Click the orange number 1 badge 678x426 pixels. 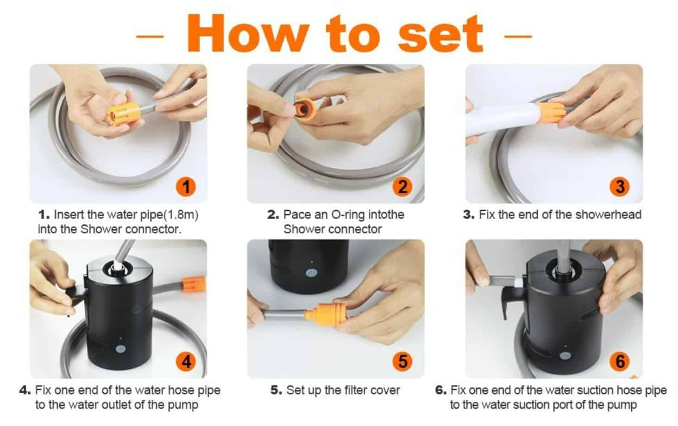click(186, 186)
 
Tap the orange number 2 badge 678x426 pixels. click(402, 186)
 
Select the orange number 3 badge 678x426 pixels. click(620, 186)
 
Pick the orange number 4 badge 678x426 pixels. click(186, 362)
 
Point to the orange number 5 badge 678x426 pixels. click(402, 362)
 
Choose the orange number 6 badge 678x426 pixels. click(620, 362)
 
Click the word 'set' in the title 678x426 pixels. click(440, 34)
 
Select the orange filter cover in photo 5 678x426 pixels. click(326, 315)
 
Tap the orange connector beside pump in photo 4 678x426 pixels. click(194, 284)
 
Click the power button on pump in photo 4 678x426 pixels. click(120, 349)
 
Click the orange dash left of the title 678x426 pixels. click(150, 37)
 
